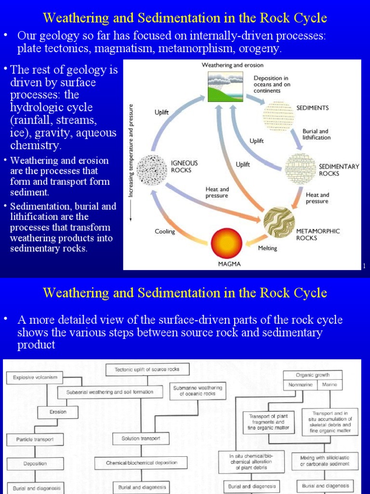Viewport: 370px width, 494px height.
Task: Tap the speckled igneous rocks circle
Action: point(152,169)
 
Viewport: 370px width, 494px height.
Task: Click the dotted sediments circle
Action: point(277,116)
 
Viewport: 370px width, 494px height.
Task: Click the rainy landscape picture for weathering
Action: point(225,86)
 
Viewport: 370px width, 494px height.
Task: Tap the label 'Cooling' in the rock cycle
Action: point(165,232)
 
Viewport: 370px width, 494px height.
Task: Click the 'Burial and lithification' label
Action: point(317,134)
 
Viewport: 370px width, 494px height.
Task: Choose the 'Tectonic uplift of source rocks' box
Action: point(147,370)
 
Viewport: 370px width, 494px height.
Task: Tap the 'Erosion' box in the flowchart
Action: point(58,412)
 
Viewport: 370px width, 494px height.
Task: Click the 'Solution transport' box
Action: point(141,439)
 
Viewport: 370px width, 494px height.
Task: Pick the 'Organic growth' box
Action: point(312,375)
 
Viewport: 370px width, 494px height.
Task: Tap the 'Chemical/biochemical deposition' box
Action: point(142,463)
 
